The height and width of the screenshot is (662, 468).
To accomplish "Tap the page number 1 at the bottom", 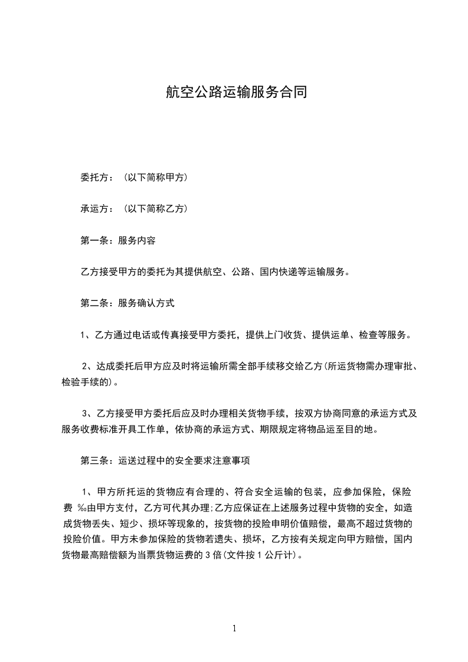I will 234,628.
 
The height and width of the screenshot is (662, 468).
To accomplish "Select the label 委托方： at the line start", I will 99,177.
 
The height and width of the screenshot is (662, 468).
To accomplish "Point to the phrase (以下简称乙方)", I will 156,209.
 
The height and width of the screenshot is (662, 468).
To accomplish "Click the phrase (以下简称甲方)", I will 156,177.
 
